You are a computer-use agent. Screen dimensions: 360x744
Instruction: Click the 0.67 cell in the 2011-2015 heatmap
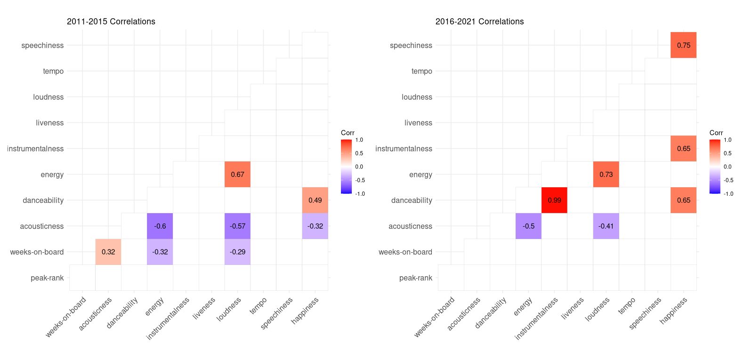(x=237, y=174)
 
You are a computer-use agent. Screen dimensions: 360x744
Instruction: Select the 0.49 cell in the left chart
(x=315, y=200)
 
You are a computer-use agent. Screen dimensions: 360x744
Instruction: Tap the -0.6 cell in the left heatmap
(x=160, y=226)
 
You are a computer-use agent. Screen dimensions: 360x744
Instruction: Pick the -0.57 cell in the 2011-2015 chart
(x=237, y=226)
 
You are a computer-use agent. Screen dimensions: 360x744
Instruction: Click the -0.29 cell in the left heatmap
(x=237, y=252)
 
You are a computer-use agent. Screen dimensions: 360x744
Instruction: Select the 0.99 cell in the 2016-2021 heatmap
(x=554, y=200)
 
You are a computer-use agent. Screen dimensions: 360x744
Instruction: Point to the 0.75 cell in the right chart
(x=683, y=45)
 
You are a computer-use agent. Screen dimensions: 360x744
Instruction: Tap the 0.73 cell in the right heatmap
(x=606, y=174)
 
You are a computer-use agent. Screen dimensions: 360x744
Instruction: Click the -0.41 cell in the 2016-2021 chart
(x=606, y=226)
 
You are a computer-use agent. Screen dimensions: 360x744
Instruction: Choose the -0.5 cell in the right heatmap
(x=528, y=226)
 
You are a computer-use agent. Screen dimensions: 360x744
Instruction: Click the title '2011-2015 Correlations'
(x=111, y=22)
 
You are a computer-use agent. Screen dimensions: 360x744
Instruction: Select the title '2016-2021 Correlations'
(x=479, y=22)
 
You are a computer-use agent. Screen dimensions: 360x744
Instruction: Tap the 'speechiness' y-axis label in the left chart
(x=42, y=45)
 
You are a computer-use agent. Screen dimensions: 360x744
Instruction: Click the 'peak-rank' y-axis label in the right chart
(x=415, y=278)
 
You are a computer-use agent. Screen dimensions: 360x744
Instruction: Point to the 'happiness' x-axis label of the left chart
(x=305, y=311)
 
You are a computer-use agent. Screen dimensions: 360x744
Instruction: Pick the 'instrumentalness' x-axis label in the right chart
(x=537, y=318)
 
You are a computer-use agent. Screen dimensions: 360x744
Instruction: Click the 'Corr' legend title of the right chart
(x=716, y=133)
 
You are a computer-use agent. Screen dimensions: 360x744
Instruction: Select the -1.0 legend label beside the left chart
(x=360, y=193)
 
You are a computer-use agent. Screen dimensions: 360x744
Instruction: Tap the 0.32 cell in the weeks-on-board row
(x=108, y=252)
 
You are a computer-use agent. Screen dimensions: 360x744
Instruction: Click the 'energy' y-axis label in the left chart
(x=52, y=175)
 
